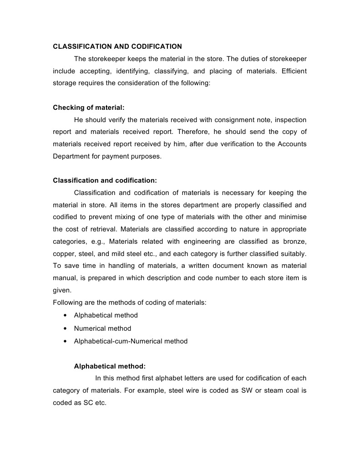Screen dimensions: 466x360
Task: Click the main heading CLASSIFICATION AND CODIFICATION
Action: [117, 46]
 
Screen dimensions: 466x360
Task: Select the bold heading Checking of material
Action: [89, 108]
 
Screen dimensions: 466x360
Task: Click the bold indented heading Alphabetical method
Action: [110, 366]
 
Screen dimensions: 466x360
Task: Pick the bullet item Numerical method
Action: [102, 328]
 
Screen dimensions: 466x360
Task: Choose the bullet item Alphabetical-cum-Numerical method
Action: [131, 341]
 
